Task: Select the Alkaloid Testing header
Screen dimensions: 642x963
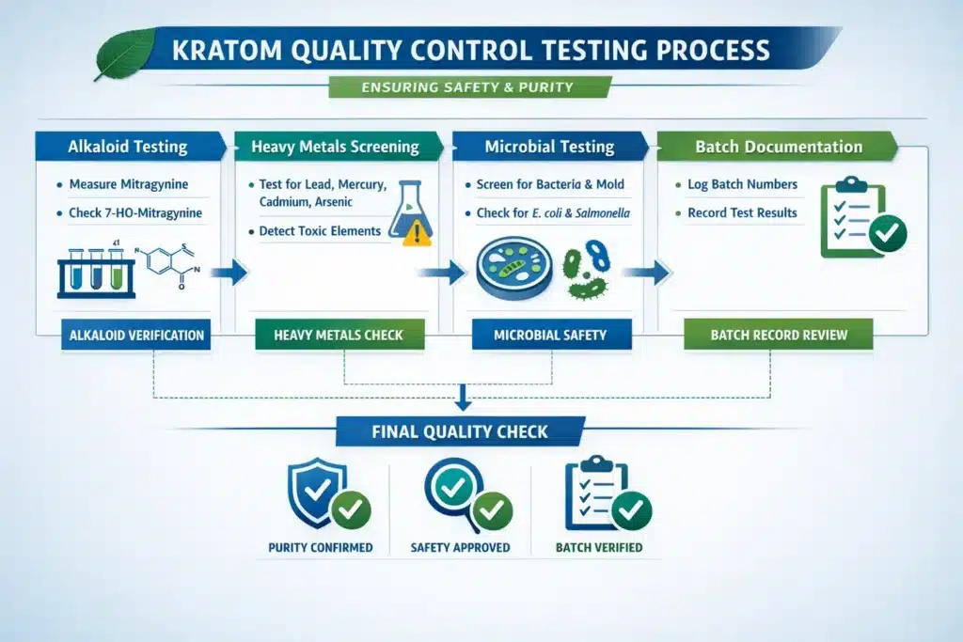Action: click(128, 147)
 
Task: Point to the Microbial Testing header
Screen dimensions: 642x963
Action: click(548, 147)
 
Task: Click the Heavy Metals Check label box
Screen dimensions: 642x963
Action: click(339, 335)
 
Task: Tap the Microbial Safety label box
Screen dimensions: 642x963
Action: click(550, 335)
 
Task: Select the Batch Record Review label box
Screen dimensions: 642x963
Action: click(778, 335)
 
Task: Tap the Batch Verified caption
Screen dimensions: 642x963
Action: click(598, 548)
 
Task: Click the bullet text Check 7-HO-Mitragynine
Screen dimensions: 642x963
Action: click(134, 212)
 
